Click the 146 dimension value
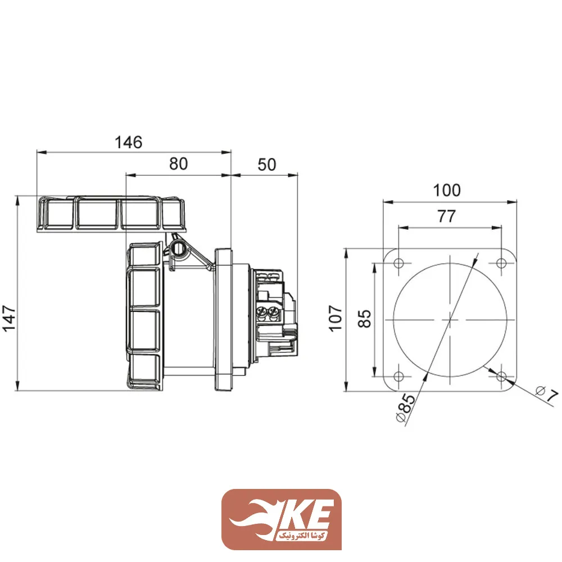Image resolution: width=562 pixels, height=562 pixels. pyautogui.click(x=128, y=142)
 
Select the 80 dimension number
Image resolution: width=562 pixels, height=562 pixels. pyautogui.click(x=178, y=164)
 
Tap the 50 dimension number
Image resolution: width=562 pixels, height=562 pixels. pyautogui.click(x=266, y=165)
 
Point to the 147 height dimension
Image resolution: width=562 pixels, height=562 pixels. pyautogui.click(x=9, y=319)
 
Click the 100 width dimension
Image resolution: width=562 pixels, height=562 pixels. pyautogui.click(x=447, y=191)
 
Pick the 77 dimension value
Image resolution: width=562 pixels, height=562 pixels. pyautogui.click(x=446, y=216)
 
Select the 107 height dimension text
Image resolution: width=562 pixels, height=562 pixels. pyautogui.click(x=336, y=319)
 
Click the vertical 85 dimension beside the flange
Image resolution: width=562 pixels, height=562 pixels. pyautogui.click(x=364, y=319)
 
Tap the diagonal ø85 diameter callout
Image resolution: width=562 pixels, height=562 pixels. pyautogui.click(x=405, y=408)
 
